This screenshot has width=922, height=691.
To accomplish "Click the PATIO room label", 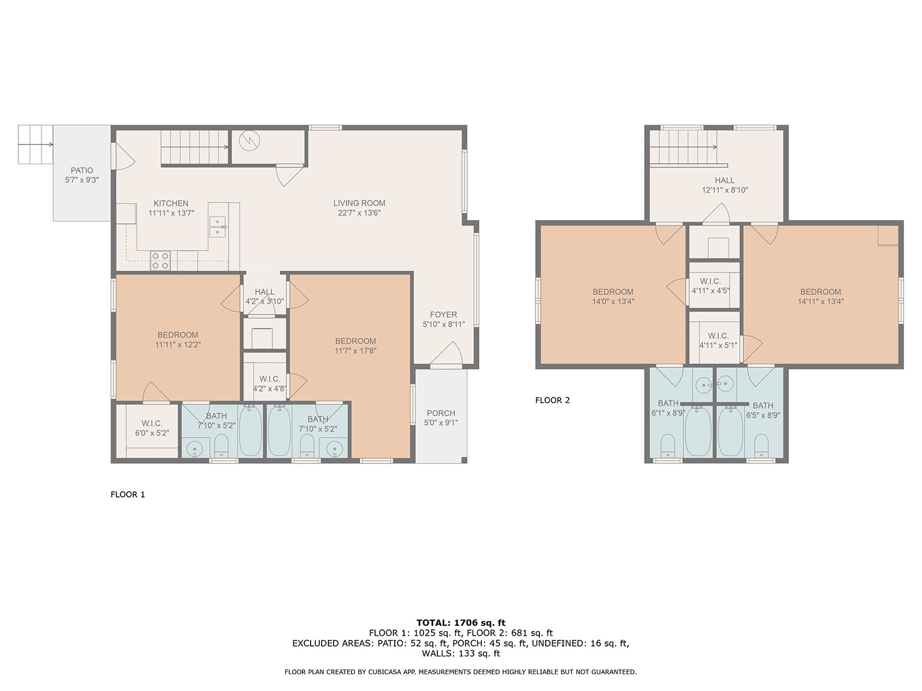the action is pos(81,170).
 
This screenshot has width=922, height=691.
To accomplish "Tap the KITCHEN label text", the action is pos(171,203).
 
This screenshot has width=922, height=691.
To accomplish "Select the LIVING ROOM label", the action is pos(359,203).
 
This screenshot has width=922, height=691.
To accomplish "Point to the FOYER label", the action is pos(443,314).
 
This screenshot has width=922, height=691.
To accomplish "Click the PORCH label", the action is pos(441,413).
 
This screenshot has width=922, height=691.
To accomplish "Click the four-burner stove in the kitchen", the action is pos(160,260).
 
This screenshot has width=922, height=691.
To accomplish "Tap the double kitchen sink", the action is pos(218,227).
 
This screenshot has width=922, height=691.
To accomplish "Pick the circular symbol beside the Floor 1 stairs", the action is pos(249,141).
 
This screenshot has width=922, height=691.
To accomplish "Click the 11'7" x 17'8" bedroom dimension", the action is pos(356,351).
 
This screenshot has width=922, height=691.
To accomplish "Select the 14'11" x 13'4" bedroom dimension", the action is pos(821,301).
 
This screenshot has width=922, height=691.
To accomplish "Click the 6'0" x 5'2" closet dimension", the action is pos(152,433).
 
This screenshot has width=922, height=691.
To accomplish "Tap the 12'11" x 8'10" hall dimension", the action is pos(724,190).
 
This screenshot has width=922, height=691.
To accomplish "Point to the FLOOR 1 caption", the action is pos(128,495).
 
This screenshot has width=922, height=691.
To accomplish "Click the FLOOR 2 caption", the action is pos(553,400).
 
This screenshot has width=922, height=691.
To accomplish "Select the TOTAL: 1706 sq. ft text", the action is pos(461,622).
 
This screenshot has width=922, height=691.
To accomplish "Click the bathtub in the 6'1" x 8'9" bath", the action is pos(698,431).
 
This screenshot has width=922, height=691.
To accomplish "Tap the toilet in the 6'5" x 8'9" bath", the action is pos(761,445).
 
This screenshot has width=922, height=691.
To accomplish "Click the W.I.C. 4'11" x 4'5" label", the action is pos(711,286).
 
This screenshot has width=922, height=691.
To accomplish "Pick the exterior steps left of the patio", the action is pos(35,145).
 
